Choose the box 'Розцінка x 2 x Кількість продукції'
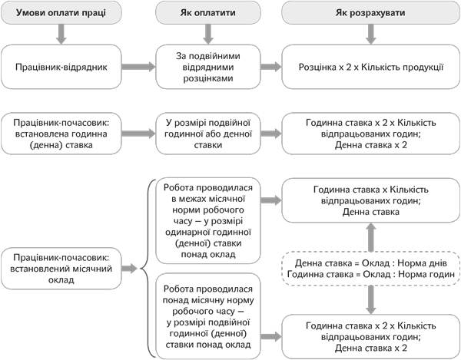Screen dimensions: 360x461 tap(371, 67)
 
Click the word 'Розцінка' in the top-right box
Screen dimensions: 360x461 tap(317, 67)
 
